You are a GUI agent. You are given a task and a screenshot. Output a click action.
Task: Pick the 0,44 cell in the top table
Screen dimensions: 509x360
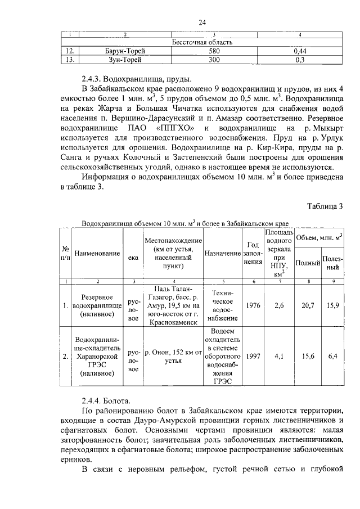299,51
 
